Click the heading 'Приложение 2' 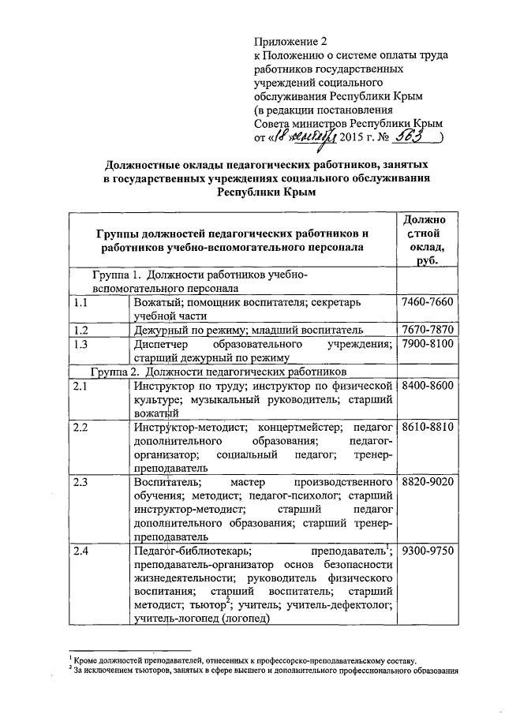[290, 41]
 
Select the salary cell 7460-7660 [428, 302]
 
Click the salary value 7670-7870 [428, 328]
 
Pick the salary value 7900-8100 [428, 345]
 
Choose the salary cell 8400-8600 [428, 384]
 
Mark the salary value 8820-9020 [428, 480]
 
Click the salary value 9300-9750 [428, 550]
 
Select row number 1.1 [79, 302]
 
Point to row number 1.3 [79, 345]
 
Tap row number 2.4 [79, 550]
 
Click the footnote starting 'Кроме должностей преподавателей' [245, 660]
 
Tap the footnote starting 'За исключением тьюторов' [264, 671]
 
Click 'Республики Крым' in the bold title [265, 193]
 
